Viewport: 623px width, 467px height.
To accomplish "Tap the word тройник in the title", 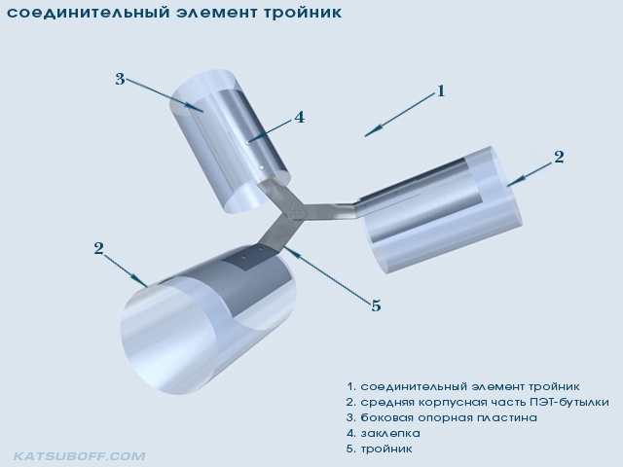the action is (304, 13).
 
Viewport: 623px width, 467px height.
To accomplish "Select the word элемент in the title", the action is (218, 13).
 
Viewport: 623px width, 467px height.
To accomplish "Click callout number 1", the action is (440, 91).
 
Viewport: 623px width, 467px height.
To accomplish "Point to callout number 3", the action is (120, 79).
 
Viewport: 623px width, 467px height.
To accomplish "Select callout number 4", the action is (299, 117).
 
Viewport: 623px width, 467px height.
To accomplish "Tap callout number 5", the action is (376, 305).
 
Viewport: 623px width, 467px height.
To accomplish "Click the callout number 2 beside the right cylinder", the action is (559, 157).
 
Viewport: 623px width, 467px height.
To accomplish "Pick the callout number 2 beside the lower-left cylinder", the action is (98, 248).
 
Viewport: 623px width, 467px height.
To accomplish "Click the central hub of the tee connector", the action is (296, 212).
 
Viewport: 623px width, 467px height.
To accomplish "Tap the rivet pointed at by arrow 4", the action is (247, 141).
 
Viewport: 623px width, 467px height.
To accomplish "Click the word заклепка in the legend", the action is (390, 433).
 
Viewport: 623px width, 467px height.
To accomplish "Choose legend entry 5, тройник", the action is (380, 449).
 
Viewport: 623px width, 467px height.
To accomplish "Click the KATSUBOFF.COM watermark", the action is (80, 456).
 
